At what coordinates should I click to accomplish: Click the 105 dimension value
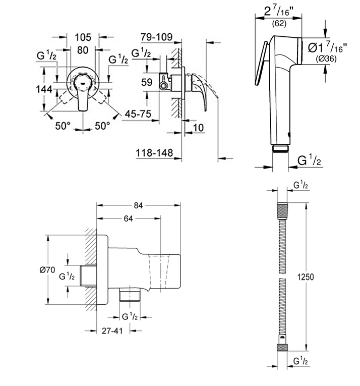[83, 37]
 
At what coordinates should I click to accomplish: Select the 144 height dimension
[44, 89]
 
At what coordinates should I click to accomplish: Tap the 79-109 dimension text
[156, 37]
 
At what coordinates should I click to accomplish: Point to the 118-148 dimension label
[154, 153]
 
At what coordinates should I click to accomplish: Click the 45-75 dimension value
[138, 114]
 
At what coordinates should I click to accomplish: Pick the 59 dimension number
[147, 82]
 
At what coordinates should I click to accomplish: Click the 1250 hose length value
[306, 277]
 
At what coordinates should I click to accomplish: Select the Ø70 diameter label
[47, 270]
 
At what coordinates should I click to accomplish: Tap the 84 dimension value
[138, 205]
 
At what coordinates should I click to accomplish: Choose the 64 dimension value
[128, 218]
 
